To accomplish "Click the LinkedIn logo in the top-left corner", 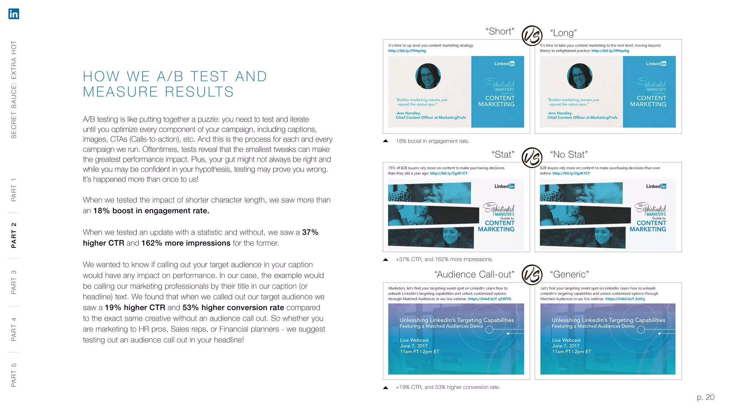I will pyautogui.click(x=14, y=14).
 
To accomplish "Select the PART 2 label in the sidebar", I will pyautogui.click(x=14, y=235).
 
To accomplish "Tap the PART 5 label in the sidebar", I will pyautogui.click(x=14, y=375).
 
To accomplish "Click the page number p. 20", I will pyautogui.click(x=705, y=397).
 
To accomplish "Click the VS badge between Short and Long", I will pyautogui.click(x=532, y=36).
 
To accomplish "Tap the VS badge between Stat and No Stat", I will pyautogui.click(x=532, y=158).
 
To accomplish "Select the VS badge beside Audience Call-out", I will pyautogui.click(x=532, y=275).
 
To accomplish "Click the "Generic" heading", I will pyautogui.click(x=569, y=275).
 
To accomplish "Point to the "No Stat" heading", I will pyautogui.click(x=569, y=155).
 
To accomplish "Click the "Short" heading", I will pyautogui.click(x=500, y=31).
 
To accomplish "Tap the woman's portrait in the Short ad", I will pyautogui.click(x=428, y=76).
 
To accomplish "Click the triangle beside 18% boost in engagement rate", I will pyautogui.click(x=386, y=141).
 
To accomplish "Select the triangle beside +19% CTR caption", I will pyautogui.click(x=386, y=388).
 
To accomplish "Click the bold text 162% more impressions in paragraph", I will pyautogui.click(x=186, y=243).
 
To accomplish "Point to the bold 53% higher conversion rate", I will pyautogui.click(x=233, y=308).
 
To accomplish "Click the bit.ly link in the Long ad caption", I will pyautogui.click(x=610, y=51).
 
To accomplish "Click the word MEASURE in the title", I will pyautogui.click(x=120, y=92).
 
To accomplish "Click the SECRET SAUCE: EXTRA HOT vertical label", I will pyautogui.click(x=14, y=89).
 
